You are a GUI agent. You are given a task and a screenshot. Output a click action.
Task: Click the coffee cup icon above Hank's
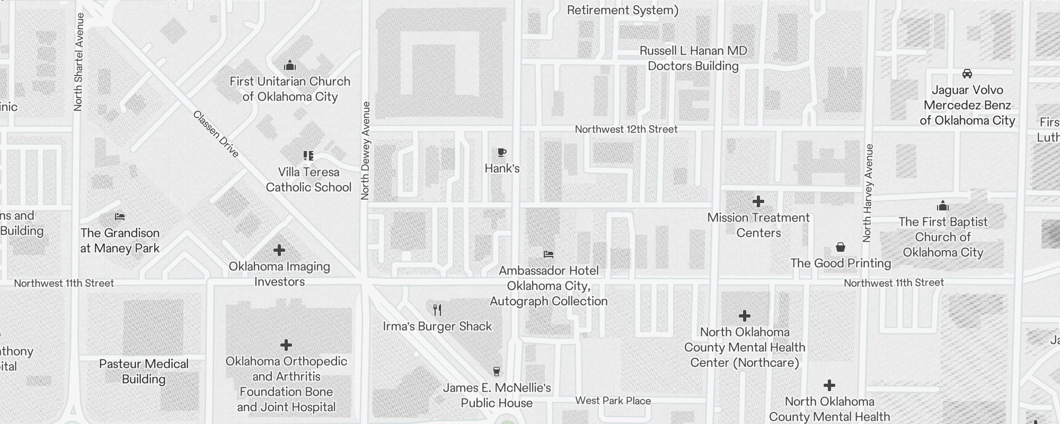tap(502, 153)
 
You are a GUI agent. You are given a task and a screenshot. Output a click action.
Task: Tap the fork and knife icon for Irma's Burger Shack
tap(437, 310)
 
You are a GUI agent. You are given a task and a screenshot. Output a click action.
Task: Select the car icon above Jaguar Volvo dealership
tap(967, 74)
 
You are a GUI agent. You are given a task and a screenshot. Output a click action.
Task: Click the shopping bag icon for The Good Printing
tap(841, 247)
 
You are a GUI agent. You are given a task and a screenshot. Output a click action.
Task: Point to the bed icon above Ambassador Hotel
tap(549, 254)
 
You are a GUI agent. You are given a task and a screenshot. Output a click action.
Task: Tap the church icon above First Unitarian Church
tap(290, 66)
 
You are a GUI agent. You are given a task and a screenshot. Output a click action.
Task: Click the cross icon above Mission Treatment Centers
tap(758, 201)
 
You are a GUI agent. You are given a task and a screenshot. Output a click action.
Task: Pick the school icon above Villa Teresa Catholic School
tap(308, 156)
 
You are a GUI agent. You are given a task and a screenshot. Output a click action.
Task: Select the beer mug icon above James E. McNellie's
tap(497, 372)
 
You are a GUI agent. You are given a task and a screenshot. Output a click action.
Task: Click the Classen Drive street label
tap(216, 134)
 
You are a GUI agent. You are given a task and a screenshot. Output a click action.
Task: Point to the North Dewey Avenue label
tap(365, 151)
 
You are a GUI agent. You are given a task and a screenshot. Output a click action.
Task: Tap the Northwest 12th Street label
tap(626, 129)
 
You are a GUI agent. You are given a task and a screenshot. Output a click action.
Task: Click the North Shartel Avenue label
tap(78, 62)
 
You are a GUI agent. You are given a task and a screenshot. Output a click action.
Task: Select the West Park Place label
tap(613, 401)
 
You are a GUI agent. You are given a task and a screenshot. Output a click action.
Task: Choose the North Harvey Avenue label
tap(867, 193)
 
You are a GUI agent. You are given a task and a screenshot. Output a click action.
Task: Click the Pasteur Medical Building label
tap(144, 371)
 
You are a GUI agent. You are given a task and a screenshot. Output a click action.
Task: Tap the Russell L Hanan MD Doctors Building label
tap(693, 58)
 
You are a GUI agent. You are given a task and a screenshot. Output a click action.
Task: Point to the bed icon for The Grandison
tap(120, 217)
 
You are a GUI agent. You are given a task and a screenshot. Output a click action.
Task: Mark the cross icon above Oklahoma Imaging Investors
tap(279, 250)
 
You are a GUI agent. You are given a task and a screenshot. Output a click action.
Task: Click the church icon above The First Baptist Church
tap(943, 206)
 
